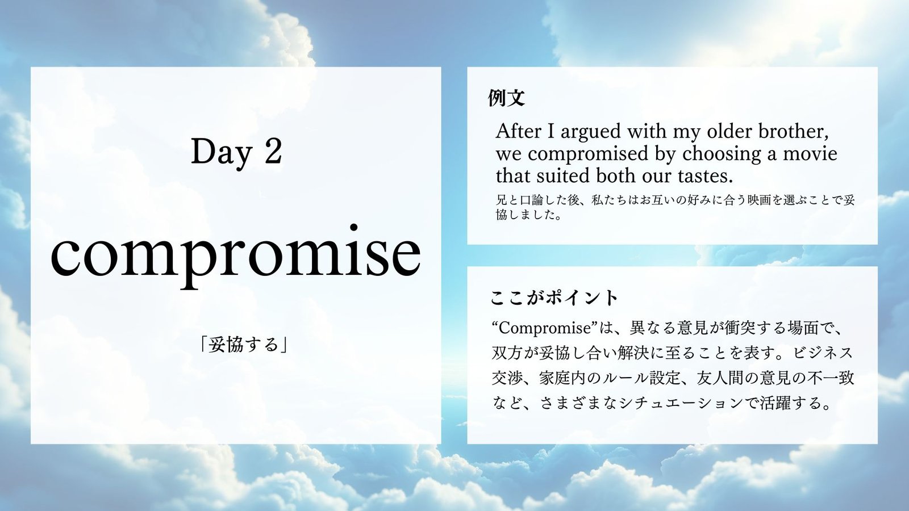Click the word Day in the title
[x=221, y=153]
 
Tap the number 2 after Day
[x=273, y=151]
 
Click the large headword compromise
[x=236, y=255]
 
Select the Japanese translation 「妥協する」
[x=244, y=345]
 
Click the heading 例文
[x=506, y=98]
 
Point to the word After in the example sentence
[x=519, y=131]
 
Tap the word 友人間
[x=720, y=378]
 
